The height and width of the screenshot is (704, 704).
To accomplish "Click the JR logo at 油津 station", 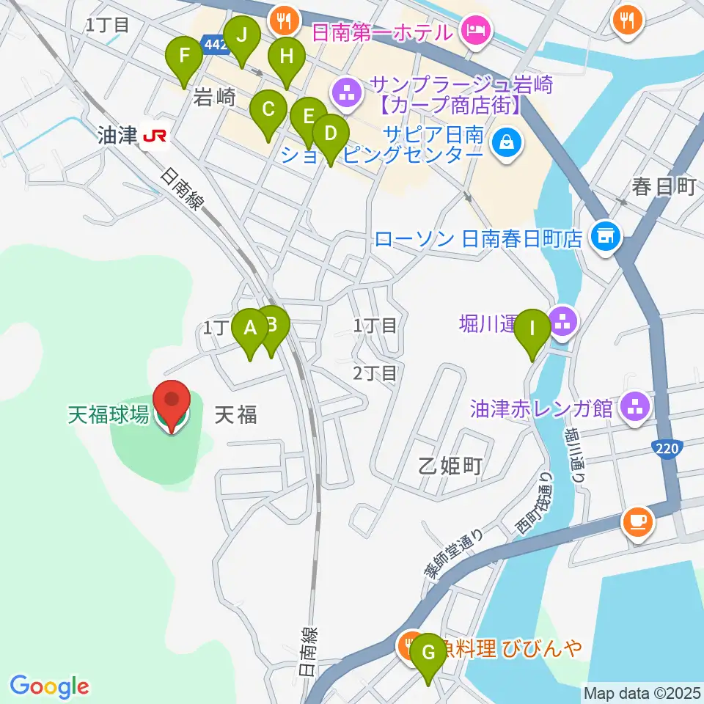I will [155, 136].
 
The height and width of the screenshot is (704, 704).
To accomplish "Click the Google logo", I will [49, 686].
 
